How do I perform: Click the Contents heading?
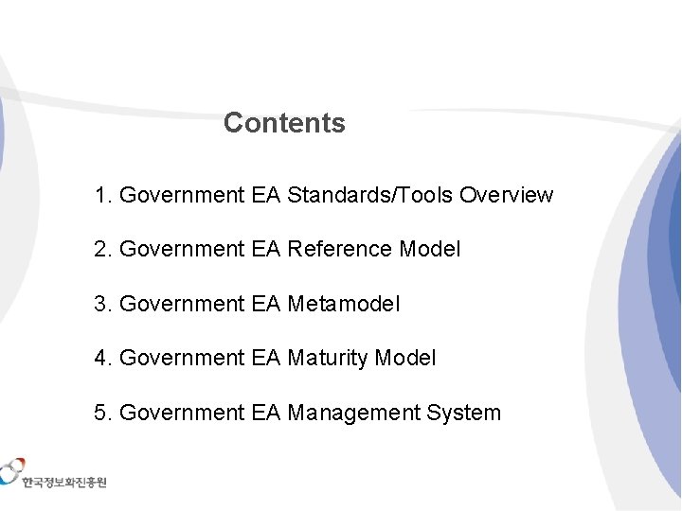(284, 123)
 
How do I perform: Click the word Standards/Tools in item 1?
(369, 195)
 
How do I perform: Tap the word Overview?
(506, 195)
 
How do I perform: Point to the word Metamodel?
(344, 304)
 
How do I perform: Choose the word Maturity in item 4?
(328, 358)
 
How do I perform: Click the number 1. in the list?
(103, 195)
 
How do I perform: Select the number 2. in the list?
(103, 249)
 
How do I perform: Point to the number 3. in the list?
(103, 304)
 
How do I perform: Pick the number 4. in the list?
(103, 358)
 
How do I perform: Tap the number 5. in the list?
(103, 413)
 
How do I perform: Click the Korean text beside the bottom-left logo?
(64, 483)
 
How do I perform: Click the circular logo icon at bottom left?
(11, 470)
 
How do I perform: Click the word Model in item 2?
(430, 249)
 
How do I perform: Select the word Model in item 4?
(405, 358)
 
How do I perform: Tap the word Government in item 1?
(182, 195)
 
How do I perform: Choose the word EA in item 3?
(265, 304)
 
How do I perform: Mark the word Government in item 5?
(182, 413)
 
